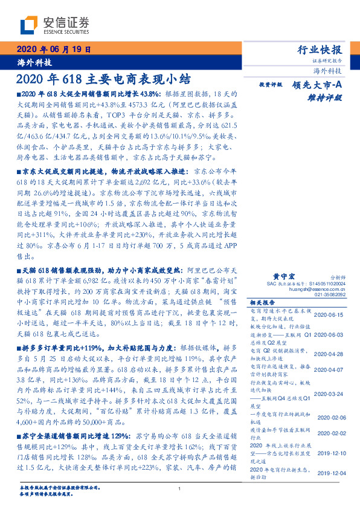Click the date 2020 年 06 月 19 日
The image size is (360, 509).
tap(53, 50)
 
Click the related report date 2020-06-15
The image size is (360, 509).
tap(329, 316)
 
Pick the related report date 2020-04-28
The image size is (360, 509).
tap(329, 354)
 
